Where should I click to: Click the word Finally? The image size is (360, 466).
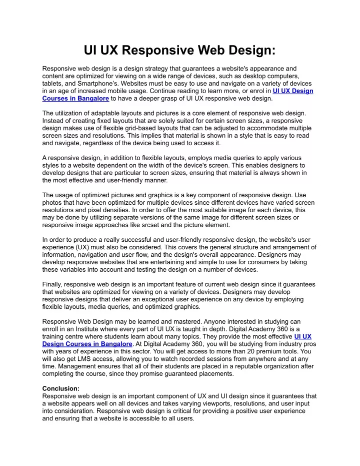coord(54,284)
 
